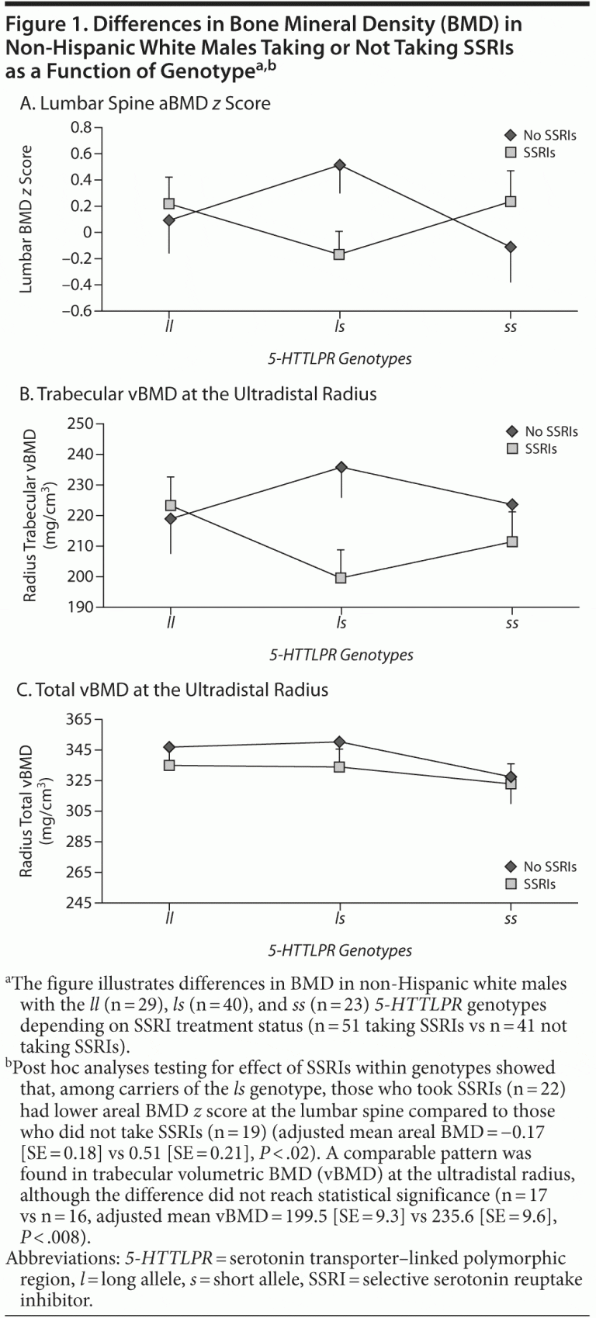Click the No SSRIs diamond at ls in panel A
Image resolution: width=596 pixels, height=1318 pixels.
339,165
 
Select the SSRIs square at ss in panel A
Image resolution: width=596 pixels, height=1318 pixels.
511,202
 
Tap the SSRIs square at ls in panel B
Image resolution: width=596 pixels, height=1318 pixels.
341,578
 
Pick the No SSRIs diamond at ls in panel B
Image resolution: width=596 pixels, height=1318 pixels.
341,467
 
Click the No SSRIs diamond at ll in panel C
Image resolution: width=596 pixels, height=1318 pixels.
169,747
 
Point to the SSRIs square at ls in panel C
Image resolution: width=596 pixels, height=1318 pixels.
339,767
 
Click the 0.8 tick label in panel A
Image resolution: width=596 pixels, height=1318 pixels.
80,127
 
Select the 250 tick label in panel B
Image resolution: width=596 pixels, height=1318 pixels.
80,424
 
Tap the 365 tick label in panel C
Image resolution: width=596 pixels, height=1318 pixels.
80,720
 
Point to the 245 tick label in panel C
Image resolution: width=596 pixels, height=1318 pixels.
80,903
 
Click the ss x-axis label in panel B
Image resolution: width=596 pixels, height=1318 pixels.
511,624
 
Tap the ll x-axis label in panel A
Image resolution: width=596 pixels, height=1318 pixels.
169,327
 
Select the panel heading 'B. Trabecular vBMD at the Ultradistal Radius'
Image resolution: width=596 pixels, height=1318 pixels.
198,394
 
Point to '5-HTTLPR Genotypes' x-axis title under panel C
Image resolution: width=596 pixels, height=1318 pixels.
340,950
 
